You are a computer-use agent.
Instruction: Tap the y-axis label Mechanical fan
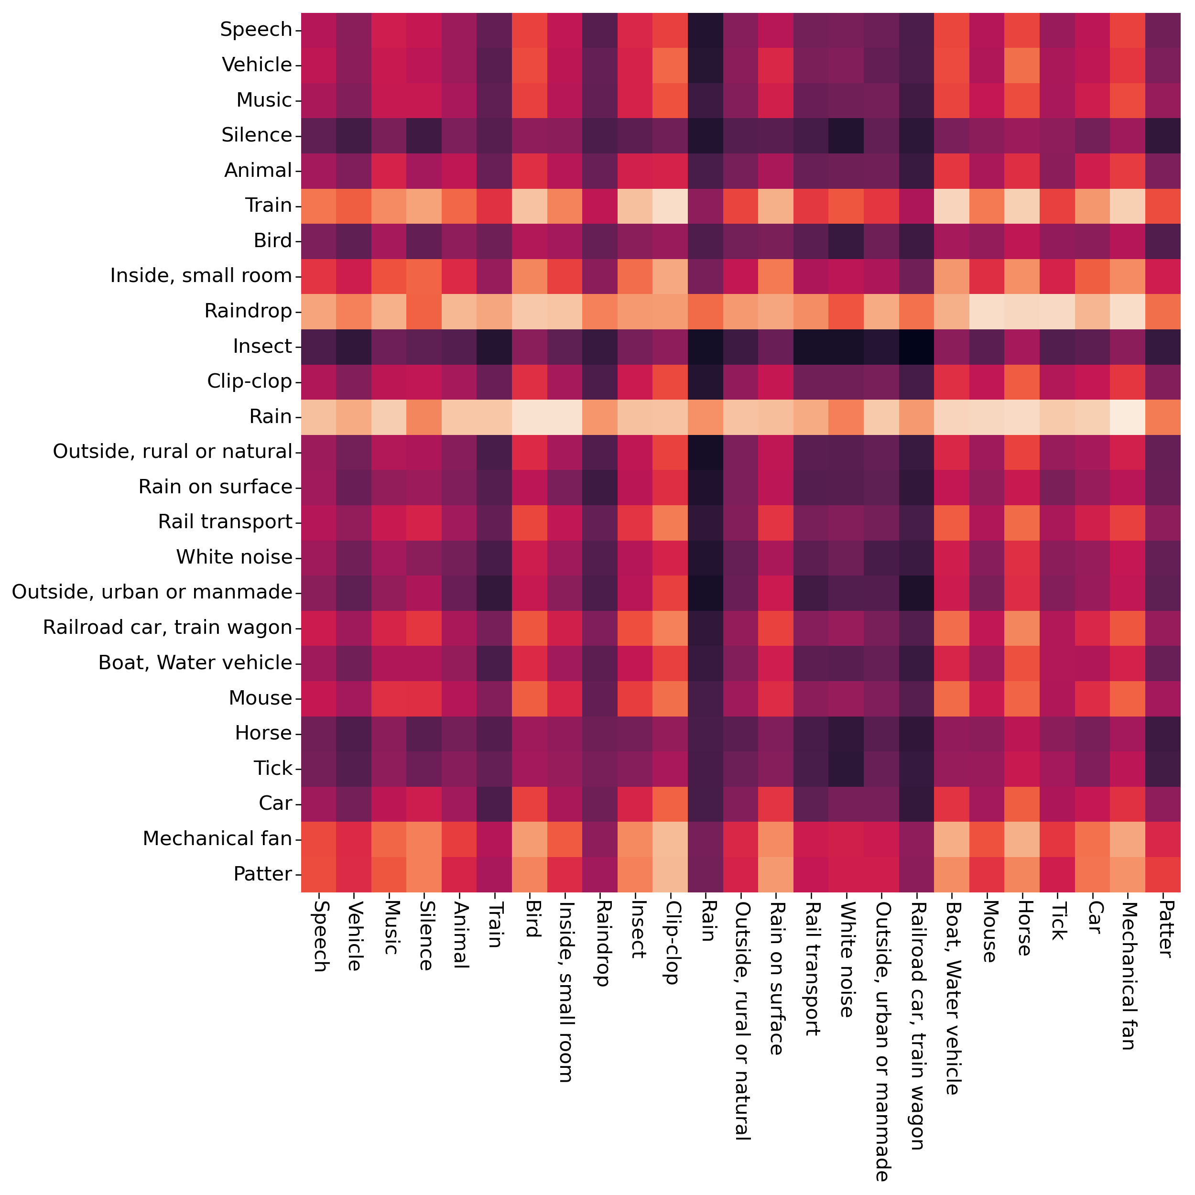[x=217, y=839]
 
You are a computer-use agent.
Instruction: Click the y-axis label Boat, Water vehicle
[x=195, y=663]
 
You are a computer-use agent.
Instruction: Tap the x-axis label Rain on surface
[x=776, y=978]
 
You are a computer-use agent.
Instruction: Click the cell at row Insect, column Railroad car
[x=917, y=347]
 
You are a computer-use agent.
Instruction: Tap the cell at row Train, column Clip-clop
[x=671, y=206]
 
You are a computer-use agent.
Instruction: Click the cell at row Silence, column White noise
[x=847, y=135]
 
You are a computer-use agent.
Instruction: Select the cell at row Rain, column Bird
[x=530, y=416]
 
